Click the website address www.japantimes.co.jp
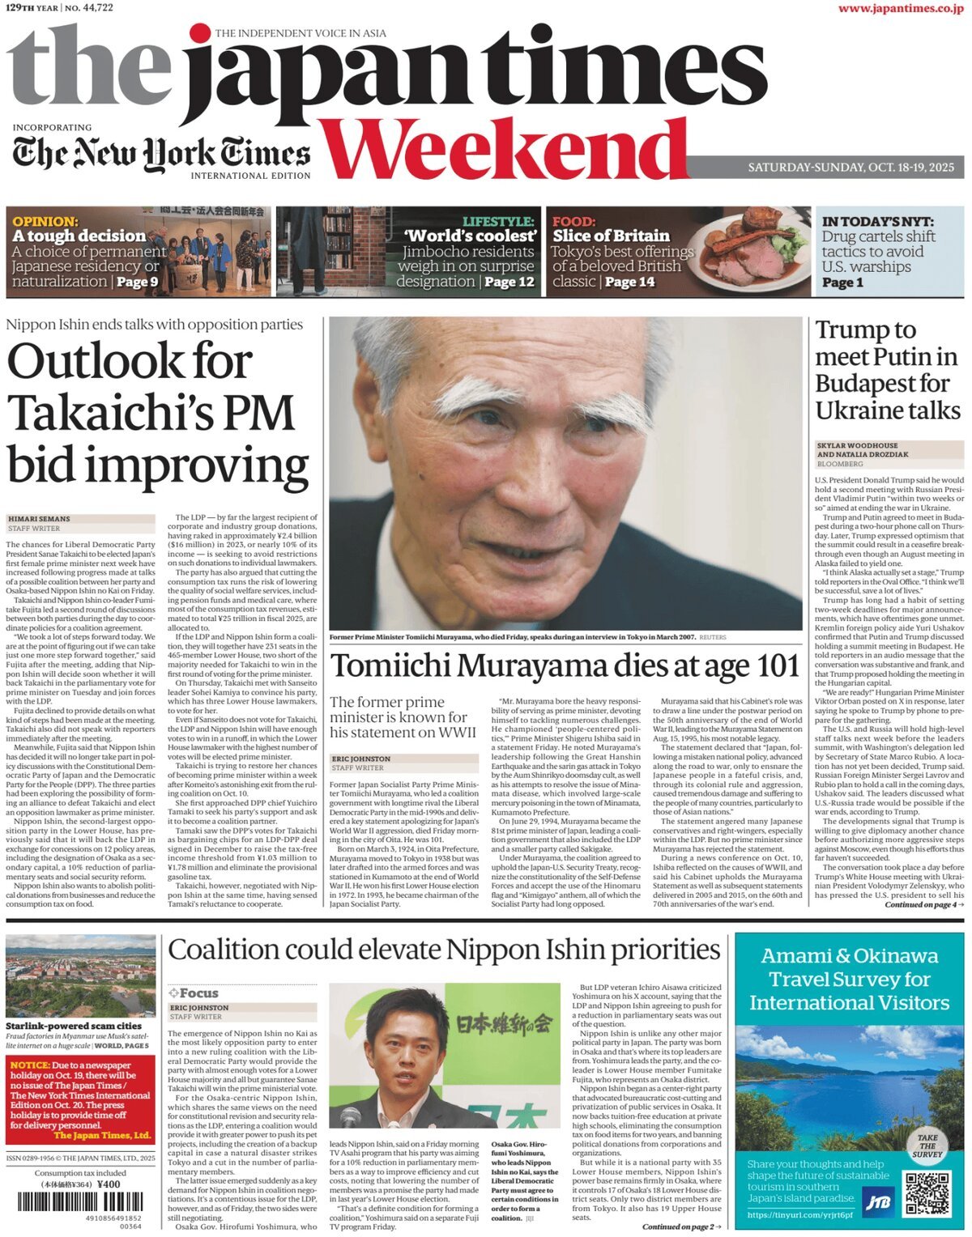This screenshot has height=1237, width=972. pos(900,9)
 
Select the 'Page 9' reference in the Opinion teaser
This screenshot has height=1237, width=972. pos(137,282)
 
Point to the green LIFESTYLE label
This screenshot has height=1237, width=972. pos(498,221)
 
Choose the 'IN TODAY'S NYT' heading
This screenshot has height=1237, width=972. pos(877,221)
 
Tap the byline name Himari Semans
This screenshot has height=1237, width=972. pos(39,519)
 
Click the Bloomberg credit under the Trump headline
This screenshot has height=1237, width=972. pos(840,464)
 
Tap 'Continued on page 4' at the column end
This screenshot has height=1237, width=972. pos(923,904)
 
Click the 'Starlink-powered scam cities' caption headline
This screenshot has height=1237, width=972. pos(73,1026)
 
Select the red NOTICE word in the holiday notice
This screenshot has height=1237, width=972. pos(29,1065)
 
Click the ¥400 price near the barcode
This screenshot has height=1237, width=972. pos(108,1184)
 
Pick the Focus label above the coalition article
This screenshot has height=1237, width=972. pos(194,993)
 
